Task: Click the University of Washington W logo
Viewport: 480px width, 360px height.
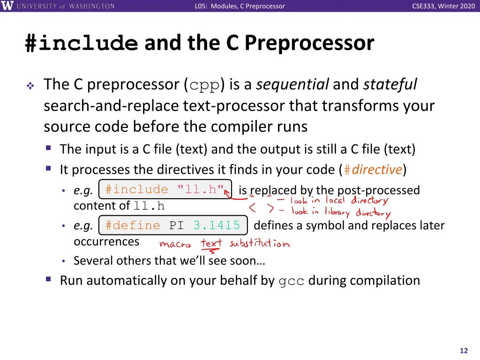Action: pyautogui.click(x=7, y=6)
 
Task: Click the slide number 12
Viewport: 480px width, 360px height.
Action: pyautogui.click(x=464, y=351)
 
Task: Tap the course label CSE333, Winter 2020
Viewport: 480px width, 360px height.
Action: pyautogui.click(x=443, y=6)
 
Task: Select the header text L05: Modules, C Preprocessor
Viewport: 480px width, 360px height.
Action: pyautogui.click(x=240, y=6)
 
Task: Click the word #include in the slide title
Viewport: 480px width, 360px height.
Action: pyautogui.click(x=82, y=43)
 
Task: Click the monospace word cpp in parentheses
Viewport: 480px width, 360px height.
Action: pyautogui.click(x=204, y=85)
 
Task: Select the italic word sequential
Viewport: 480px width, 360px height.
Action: pyautogui.click(x=292, y=84)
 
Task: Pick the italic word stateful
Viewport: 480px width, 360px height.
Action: pyautogui.click(x=390, y=84)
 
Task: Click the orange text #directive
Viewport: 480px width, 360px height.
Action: pyautogui.click(x=373, y=169)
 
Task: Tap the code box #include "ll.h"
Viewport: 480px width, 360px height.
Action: pyautogui.click(x=165, y=189)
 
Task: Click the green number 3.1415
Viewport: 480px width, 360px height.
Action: pyautogui.click(x=217, y=225)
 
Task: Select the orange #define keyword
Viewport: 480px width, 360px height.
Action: pyautogui.click(x=133, y=225)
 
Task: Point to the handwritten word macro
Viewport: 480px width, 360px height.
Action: pyautogui.click(x=175, y=244)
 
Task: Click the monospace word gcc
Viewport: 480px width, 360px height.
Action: pyautogui.click(x=292, y=281)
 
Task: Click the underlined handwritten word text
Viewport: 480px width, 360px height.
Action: pyautogui.click(x=211, y=243)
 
